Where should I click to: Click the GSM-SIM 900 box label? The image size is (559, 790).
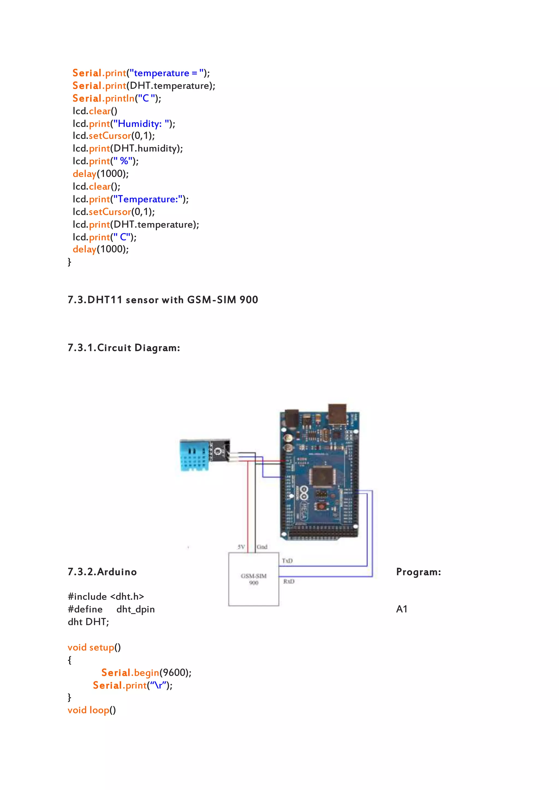[254, 579]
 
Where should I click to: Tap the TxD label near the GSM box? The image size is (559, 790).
[287, 561]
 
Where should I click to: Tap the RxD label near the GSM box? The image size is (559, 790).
[289, 581]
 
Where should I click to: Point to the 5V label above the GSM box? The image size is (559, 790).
[241, 547]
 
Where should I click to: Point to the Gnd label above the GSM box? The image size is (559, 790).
[262, 547]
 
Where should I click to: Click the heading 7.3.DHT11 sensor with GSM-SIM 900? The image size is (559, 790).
[163, 300]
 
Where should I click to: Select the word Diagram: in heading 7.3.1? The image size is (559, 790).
[157, 348]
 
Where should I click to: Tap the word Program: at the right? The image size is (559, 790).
[418, 572]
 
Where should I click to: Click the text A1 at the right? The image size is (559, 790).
[402, 609]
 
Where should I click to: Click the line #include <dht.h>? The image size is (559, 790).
[106, 596]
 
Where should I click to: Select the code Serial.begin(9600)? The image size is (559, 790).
[146, 673]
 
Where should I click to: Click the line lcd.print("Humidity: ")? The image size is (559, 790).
[124, 124]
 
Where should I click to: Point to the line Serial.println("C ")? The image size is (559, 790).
[117, 99]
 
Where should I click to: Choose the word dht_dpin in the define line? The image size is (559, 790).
[136, 610]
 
